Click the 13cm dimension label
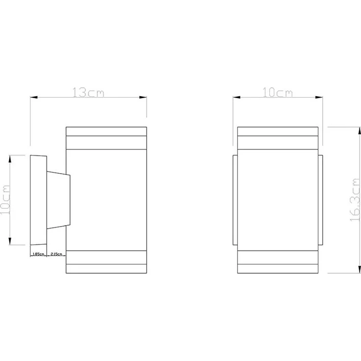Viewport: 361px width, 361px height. point(89,93)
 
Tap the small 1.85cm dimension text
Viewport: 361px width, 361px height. point(38,254)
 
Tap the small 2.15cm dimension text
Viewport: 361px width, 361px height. point(56,254)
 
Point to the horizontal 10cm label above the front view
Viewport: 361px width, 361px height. point(278,93)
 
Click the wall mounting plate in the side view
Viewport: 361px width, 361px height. point(38,200)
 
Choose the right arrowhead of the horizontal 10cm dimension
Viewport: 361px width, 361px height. point(321,98)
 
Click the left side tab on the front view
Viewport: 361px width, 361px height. point(234,200)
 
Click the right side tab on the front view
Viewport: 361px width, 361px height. point(321,200)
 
